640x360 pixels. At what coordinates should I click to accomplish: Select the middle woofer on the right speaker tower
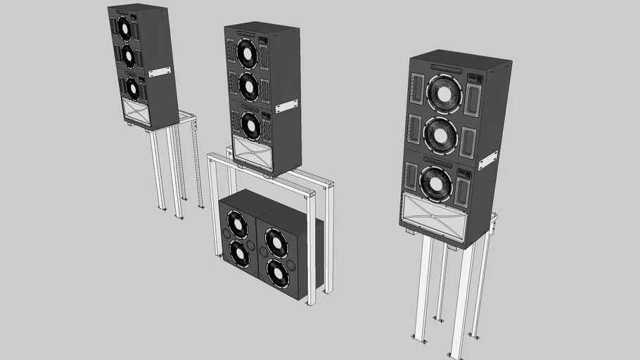(440, 134)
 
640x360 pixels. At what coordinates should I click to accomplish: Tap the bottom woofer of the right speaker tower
(436, 184)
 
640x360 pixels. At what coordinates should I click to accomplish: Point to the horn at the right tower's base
(434, 216)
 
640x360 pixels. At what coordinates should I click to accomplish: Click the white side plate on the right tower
(488, 160)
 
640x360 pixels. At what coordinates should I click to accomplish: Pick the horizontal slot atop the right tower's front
(449, 69)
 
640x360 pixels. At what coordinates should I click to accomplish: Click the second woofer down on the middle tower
(248, 86)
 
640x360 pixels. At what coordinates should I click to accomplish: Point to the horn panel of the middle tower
(251, 153)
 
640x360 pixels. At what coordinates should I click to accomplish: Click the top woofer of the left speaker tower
(125, 28)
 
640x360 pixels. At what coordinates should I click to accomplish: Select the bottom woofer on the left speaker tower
(131, 87)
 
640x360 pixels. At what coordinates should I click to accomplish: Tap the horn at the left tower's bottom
(135, 112)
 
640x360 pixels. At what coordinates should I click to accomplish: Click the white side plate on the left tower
(160, 72)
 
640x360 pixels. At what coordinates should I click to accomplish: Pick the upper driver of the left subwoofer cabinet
(237, 225)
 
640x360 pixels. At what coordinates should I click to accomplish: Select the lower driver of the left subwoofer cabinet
(239, 254)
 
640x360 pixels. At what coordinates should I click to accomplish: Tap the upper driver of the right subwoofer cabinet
(276, 241)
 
